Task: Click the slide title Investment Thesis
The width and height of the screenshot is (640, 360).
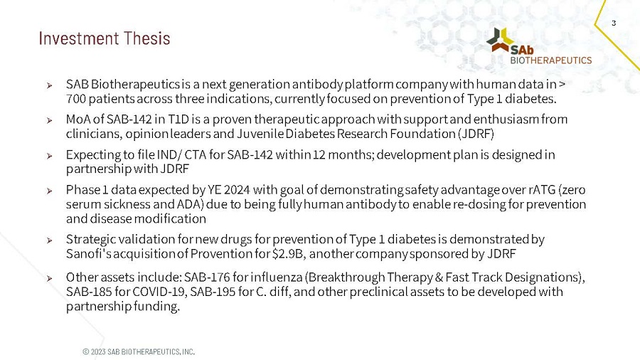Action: (105, 38)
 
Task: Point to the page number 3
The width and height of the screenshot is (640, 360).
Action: (613, 23)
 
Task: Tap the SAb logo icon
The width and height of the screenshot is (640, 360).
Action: (501, 40)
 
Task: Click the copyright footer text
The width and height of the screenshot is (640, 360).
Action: (139, 351)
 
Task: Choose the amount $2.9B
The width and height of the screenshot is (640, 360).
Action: (284, 254)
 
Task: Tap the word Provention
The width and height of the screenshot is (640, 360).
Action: (221, 254)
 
